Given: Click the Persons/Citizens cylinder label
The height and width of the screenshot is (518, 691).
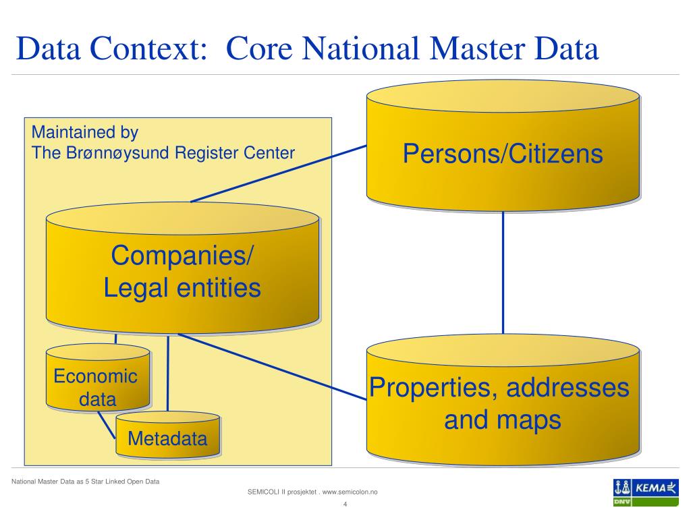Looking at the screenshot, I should (502, 154).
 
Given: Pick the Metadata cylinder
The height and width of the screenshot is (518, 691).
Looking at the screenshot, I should (167, 439).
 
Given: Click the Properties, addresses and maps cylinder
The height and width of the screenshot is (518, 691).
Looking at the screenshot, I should (502, 404).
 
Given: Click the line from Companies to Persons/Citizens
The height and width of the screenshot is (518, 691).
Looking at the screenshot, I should (277, 173).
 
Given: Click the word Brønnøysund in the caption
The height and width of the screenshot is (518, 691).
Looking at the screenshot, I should (119, 152).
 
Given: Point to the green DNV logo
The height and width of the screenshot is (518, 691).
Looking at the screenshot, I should (622, 502).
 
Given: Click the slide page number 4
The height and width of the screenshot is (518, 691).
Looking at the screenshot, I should (345, 505).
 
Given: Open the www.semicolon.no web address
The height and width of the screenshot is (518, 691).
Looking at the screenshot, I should (350, 492).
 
